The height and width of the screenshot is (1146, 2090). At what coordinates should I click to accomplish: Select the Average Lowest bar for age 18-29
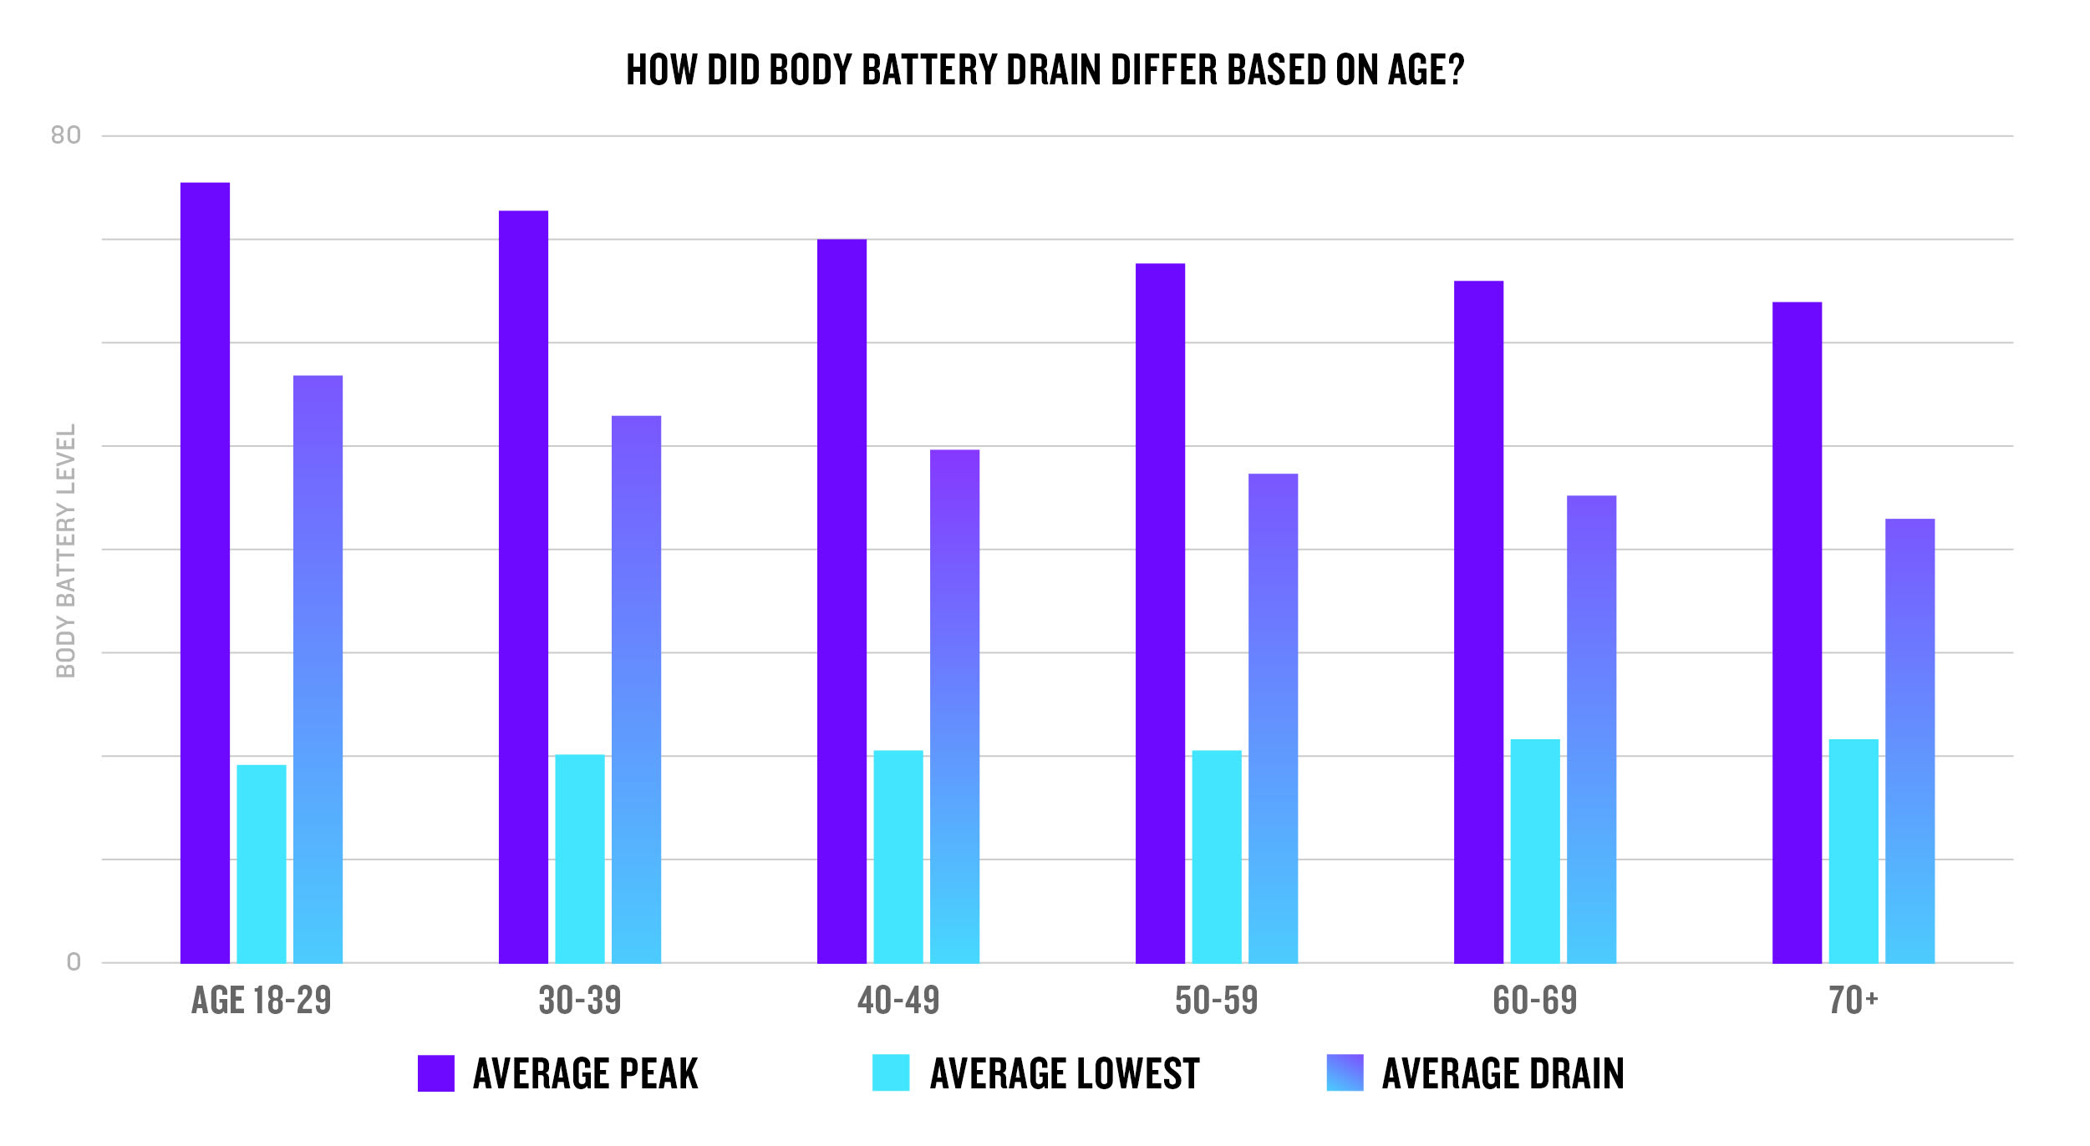click(262, 865)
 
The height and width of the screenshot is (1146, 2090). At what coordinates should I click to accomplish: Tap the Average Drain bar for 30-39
click(636, 690)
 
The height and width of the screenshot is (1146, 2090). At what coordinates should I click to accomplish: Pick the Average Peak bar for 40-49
click(842, 601)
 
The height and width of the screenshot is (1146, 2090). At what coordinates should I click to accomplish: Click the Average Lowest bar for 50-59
click(1217, 857)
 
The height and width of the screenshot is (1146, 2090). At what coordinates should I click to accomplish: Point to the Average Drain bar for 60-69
click(1591, 729)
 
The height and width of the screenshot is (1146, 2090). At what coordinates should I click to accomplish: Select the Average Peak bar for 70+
click(1797, 633)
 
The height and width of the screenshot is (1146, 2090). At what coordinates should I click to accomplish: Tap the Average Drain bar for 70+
click(1909, 742)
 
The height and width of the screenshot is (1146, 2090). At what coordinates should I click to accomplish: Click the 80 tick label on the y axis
click(66, 135)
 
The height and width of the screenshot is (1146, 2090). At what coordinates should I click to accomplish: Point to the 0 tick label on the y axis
click(74, 963)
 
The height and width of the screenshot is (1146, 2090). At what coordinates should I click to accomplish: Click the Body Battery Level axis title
click(66, 551)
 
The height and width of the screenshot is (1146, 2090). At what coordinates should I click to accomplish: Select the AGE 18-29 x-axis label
click(262, 1001)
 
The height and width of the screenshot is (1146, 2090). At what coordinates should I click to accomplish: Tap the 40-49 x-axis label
click(898, 1001)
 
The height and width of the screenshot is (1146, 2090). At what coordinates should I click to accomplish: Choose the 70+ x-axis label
click(1853, 1001)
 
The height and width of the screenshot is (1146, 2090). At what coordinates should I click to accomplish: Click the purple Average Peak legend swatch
click(435, 1073)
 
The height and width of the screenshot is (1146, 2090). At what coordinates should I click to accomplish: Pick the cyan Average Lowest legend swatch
click(891, 1073)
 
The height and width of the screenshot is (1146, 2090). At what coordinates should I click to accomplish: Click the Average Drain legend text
click(1503, 1074)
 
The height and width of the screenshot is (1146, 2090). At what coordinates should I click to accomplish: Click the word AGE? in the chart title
click(1426, 70)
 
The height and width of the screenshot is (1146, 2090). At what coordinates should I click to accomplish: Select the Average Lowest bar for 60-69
click(1535, 851)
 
